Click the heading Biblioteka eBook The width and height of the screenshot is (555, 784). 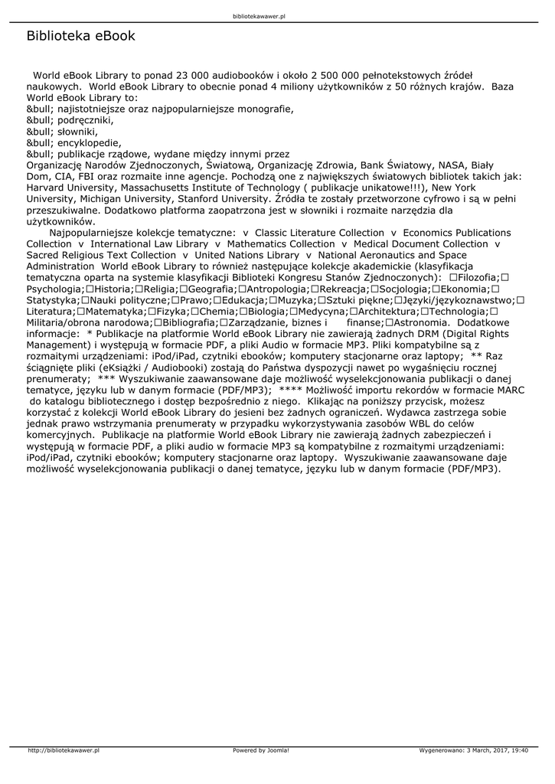80,36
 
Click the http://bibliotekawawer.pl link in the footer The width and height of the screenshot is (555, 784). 64,750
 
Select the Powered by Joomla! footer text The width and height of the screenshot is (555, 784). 261,750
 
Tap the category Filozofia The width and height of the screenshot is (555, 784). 478,276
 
